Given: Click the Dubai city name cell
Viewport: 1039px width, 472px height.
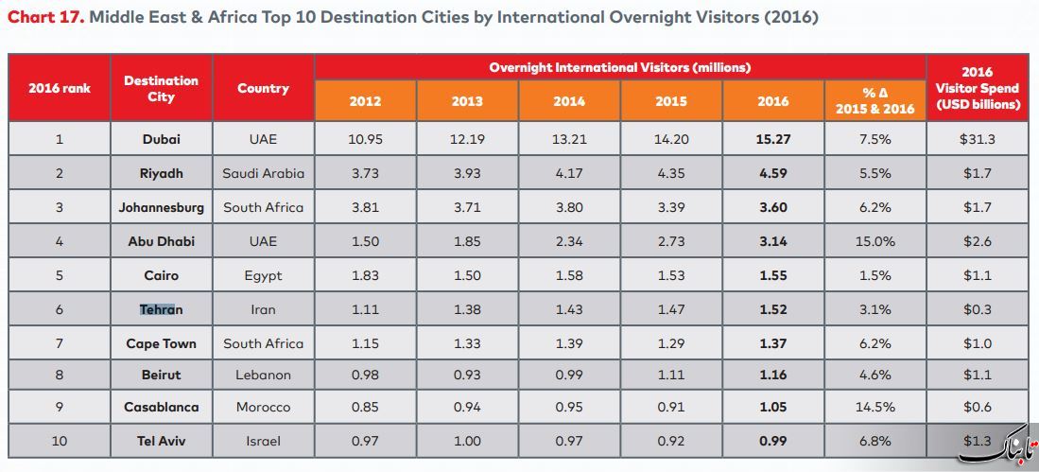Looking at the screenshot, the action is (161, 139).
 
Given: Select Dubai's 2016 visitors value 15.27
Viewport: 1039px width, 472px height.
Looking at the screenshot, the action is (772, 139).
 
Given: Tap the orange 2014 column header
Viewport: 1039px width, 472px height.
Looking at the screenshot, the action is (568, 101).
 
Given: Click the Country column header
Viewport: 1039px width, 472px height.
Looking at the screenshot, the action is (263, 88).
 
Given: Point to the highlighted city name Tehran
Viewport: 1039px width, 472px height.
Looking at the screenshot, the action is (161, 309).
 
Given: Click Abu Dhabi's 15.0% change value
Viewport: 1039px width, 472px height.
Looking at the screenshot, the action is (874, 241).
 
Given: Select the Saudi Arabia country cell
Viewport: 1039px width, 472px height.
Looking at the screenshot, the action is (263, 174).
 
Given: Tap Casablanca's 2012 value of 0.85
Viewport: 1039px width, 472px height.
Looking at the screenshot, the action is (365, 407).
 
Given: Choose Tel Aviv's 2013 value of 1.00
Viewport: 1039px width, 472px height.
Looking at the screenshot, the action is (467, 440).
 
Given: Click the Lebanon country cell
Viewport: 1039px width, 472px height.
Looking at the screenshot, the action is (263, 375).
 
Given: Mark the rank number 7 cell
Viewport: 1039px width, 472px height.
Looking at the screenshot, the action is (60, 343).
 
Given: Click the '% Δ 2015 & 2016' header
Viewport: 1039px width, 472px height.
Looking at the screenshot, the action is (874, 101).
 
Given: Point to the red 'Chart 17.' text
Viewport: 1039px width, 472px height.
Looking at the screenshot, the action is (45, 17).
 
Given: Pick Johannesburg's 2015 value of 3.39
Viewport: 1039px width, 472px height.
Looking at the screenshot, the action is (670, 207).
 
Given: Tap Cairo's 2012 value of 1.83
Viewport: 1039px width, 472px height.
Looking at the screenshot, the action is (365, 276).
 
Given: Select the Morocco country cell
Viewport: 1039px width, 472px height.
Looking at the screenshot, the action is (263, 407).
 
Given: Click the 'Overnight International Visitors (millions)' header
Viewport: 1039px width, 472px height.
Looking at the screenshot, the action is (619, 67).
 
